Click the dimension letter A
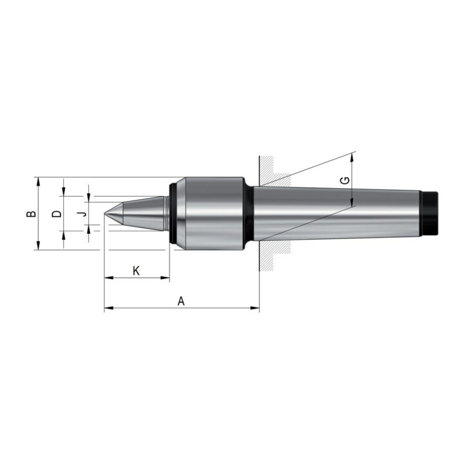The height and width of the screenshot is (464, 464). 181,300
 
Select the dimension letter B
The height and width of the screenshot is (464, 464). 30,213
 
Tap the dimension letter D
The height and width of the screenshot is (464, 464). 56,213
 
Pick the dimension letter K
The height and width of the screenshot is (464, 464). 136,270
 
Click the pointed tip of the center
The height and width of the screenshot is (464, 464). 106,213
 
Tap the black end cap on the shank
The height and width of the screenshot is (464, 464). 429,213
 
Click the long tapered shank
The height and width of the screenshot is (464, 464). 335,213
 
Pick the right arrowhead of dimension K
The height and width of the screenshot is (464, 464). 166,278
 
